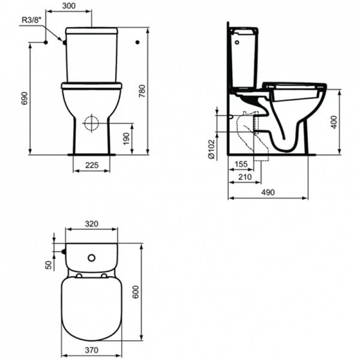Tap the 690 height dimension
[x=25, y=99]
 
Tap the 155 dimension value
[x=241, y=164]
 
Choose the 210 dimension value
[x=244, y=177]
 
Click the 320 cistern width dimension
[x=91, y=224]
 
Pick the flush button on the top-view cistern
[x=91, y=259]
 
